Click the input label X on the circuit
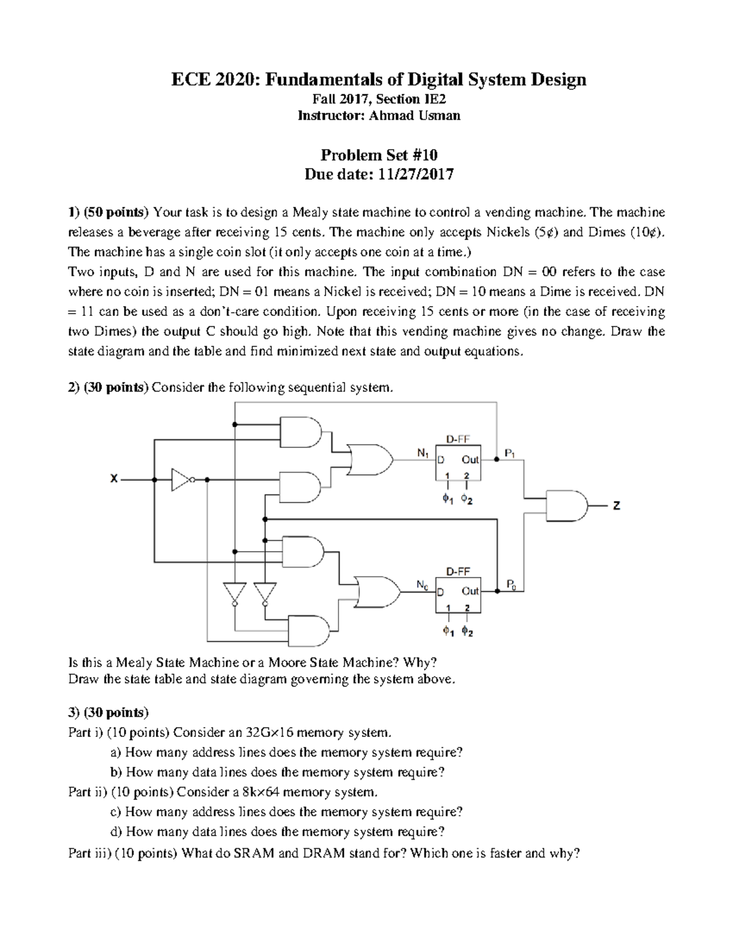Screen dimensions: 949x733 click(114, 480)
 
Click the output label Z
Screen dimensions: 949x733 click(617, 505)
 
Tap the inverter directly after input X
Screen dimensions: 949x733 click(181, 480)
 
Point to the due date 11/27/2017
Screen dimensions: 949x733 click(415, 174)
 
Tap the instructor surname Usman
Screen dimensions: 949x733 click(440, 115)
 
